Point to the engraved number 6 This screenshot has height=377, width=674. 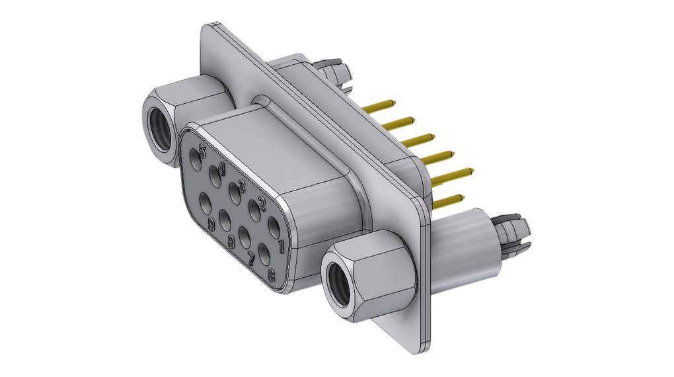pyautogui.click(x=271, y=275)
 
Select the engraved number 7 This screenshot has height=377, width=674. pyautogui.click(x=252, y=259)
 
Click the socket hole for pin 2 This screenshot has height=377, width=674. pyautogui.click(x=254, y=211)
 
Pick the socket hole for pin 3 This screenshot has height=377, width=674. pyautogui.click(x=234, y=193)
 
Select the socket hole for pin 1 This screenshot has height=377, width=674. pyautogui.click(x=274, y=230)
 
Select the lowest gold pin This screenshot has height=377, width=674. pyautogui.click(x=447, y=198)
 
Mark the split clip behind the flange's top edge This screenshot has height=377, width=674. pyautogui.click(x=333, y=70)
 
